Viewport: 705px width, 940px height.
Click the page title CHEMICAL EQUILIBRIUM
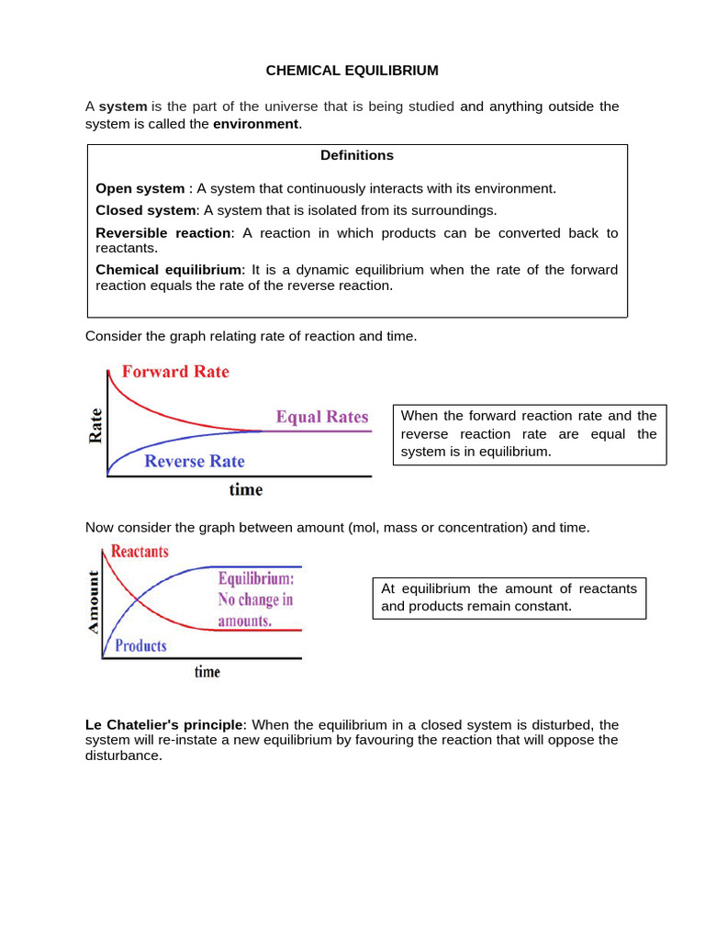(352, 70)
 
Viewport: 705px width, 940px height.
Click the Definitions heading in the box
(357, 155)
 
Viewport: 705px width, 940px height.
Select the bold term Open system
(140, 188)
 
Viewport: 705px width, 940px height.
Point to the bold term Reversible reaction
(163, 232)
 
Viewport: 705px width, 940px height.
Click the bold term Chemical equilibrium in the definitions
(169, 270)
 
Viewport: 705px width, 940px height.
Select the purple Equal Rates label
(322, 417)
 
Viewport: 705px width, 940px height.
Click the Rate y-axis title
(95, 427)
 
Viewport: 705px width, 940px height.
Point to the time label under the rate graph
(245, 490)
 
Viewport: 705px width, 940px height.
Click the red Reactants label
(139, 552)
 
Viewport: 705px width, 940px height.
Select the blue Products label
(140, 645)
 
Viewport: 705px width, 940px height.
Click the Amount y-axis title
(93, 601)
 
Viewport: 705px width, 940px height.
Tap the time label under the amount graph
(207, 672)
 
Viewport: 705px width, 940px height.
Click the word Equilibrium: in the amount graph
(255, 580)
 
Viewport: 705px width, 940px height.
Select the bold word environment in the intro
(256, 124)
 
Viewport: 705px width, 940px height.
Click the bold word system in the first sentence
(123, 106)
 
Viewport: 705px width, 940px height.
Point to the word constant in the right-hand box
(544, 606)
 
